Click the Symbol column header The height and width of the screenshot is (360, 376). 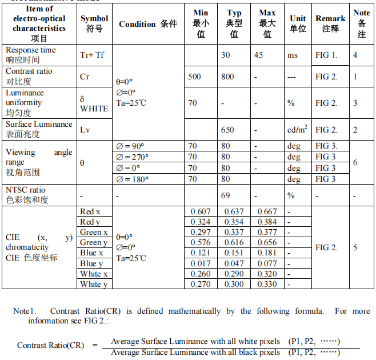94,23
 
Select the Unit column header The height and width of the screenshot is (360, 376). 298,23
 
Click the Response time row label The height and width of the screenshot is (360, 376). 31,55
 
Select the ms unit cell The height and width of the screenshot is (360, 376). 293,55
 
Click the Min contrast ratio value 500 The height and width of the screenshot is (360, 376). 194,77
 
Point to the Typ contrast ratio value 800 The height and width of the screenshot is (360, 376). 227,77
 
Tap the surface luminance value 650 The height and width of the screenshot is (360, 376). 227,130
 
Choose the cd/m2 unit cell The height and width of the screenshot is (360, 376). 297,130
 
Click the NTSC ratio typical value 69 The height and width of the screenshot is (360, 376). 226,195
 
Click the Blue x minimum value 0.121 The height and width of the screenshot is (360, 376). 201,253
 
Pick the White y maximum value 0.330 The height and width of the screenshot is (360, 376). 267,284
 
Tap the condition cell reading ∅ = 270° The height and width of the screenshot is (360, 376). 132,157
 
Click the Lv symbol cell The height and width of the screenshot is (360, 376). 85,130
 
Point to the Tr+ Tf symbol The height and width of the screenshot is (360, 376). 92,55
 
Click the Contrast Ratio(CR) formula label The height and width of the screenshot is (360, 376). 50,345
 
